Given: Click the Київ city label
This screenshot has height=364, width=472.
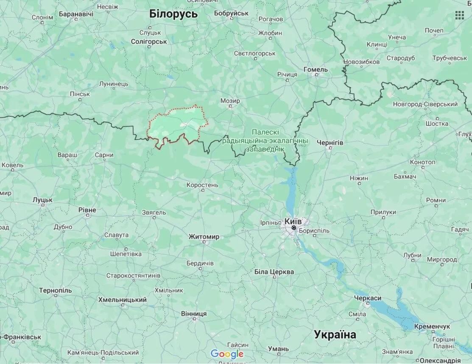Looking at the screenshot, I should [293, 221].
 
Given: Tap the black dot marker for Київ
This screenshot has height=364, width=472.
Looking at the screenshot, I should [293, 228].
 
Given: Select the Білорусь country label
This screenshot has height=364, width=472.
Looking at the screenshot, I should [173, 14].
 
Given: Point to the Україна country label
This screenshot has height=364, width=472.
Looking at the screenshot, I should [335, 334].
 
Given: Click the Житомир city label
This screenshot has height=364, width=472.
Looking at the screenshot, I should [204, 237].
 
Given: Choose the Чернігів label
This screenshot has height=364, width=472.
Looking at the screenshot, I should [330, 143].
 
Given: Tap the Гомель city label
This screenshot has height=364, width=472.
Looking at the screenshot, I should [316, 69].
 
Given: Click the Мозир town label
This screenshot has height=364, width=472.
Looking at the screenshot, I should [230, 101].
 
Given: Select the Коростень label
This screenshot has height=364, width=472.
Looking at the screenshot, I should [202, 185].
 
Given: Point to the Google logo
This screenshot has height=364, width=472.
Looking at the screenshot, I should [227, 354].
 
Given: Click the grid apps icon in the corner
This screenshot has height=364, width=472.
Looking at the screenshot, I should [459, 16].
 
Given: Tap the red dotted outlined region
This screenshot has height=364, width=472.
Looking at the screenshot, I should [176, 125].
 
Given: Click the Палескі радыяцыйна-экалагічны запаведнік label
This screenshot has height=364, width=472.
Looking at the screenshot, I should [265, 141].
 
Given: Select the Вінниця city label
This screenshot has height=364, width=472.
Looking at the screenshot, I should [194, 314].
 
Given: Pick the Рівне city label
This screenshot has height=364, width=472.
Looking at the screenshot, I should [87, 210].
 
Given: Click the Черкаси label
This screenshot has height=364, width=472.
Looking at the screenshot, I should [368, 298].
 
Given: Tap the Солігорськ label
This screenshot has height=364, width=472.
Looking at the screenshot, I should [149, 41].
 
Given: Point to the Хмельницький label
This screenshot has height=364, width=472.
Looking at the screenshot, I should [123, 300].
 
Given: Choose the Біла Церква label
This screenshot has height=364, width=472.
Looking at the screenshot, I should [274, 272].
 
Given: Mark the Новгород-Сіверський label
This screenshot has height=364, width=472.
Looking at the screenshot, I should [425, 104].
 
